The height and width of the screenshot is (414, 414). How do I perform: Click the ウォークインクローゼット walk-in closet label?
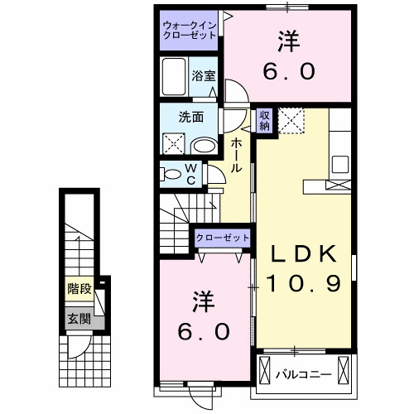[190, 31]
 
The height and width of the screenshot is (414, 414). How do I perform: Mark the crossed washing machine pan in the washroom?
[176, 143]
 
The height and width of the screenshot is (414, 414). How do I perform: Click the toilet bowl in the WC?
[171, 174]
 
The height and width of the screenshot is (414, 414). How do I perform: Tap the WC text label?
[190, 174]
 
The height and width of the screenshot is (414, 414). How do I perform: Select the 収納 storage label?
[264, 120]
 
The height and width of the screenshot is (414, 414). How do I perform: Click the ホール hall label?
[238, 155]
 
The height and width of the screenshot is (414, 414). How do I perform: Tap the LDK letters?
[299, 254]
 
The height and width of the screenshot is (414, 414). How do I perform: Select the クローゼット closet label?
[222, 238]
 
